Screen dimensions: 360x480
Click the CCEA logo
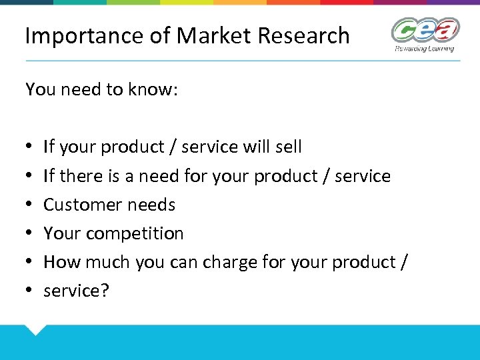tap(425, 30)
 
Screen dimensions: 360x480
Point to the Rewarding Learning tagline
tap(425, 48)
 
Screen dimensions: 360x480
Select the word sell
tap(287, 147)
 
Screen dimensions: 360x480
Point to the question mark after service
tap(104, 291)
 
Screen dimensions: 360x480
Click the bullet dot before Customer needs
tap(30, 205)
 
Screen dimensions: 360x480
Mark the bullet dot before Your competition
tap(30, 234)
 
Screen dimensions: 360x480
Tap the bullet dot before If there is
tap(30, 177)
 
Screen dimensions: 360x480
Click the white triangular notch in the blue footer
tap(34, 329)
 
